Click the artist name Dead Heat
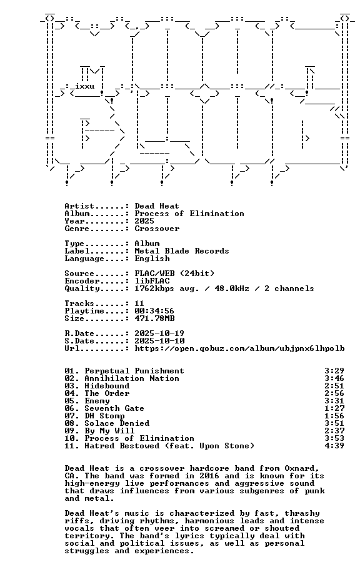click(157, 206)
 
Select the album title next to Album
click(189, 214)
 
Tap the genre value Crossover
click(157, 229)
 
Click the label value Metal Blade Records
click(182, 251)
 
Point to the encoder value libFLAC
click(152, 281)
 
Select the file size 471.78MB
click(154, 318)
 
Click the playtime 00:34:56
click(154, 311)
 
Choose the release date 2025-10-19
click(159, 333)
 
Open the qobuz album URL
click(239, 348)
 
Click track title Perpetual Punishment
click(134, 371)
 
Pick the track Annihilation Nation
click(132, 378)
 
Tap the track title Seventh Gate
click(114, 408)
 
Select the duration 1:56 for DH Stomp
click(334, 416)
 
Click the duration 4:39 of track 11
click(334, 446)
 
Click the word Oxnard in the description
click(301, 468)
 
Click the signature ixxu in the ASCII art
click(85, 86)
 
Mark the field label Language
click(84, 259)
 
